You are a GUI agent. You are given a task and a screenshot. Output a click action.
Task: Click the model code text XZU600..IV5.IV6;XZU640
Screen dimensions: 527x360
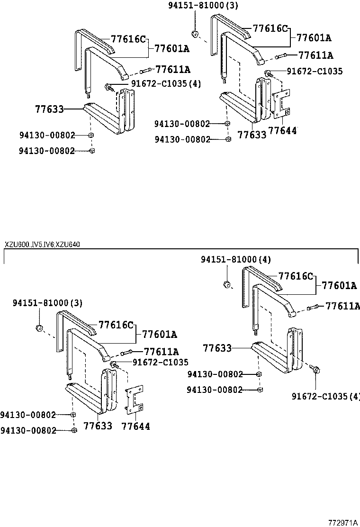point(42,245)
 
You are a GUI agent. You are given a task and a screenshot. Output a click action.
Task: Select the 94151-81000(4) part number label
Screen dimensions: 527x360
point(236,260)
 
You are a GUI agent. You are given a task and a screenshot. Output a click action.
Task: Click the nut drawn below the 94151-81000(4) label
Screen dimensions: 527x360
point(226,284)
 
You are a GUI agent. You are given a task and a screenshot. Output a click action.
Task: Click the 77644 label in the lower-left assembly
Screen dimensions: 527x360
point(135,427)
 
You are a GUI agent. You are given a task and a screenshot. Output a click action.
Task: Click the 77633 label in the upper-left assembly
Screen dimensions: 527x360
point(49,109)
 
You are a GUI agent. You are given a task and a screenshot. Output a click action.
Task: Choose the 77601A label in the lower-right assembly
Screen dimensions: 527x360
point(339,285)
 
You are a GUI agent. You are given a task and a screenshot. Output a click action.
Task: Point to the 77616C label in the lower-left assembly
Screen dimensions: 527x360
point(116,325)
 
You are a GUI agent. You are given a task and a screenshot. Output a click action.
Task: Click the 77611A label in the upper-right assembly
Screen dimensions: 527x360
point(316,55)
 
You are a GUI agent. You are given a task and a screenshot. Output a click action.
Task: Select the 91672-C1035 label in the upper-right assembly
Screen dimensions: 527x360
point(315,72)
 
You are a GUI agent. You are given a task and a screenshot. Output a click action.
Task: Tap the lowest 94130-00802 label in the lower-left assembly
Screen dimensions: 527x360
point(28,430)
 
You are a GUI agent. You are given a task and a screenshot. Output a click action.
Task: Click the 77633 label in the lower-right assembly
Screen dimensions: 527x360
point(217,348)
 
